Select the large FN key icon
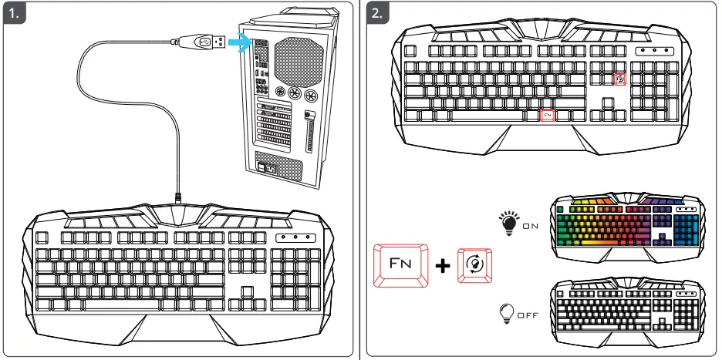400,265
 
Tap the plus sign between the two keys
443,266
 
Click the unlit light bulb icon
508,313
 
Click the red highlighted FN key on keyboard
547,115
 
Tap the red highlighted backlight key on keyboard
619,79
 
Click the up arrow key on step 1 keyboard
246,291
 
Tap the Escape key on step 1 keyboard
42,237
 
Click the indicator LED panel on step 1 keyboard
297,237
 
